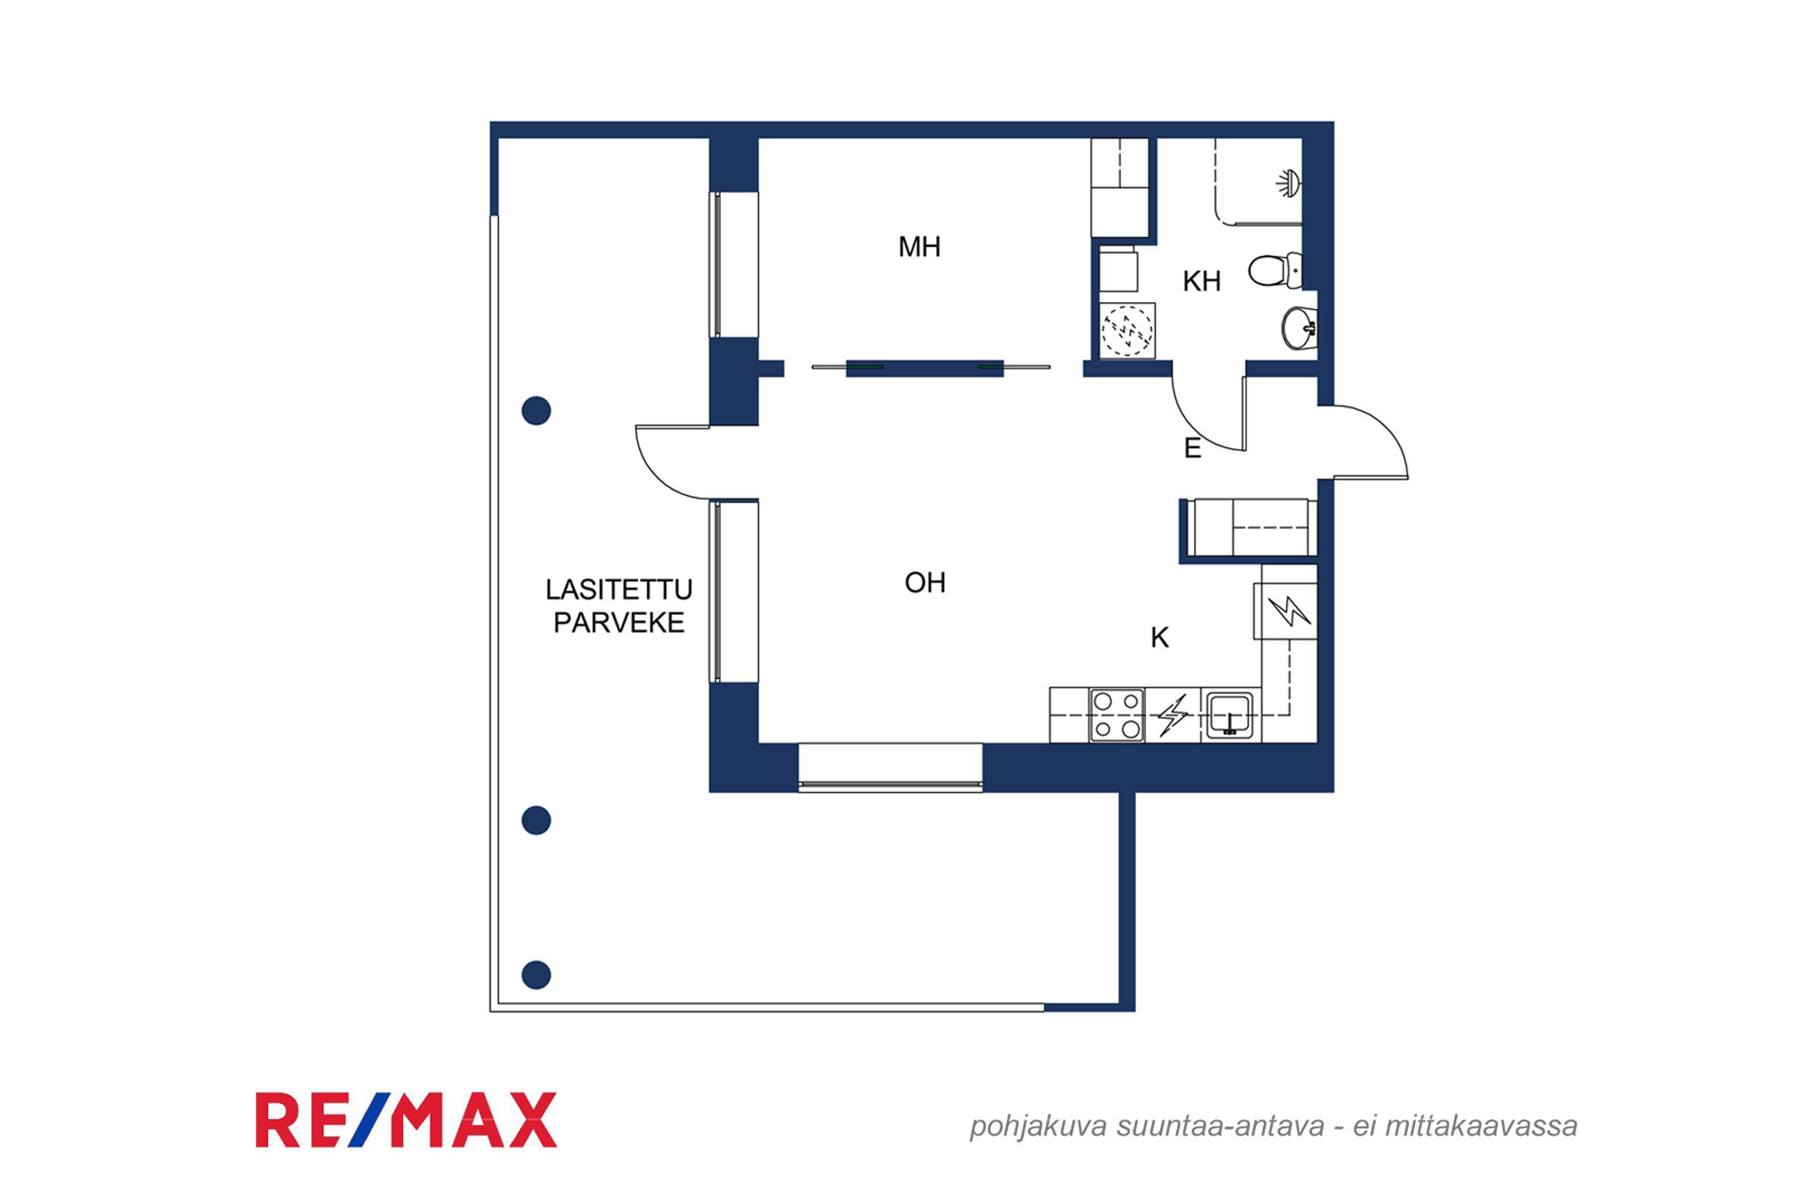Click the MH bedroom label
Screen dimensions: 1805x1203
coord(919,247)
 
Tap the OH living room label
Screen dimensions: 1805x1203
coord(925,583)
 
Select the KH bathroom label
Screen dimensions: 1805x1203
coord(1201,282)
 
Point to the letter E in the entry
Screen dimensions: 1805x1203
coord(1192,448)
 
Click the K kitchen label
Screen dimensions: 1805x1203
coord(1159,638)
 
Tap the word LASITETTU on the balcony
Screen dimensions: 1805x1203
coord(619,590)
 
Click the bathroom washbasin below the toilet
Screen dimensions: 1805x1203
coord(1299,328)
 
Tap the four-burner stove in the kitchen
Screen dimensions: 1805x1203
coord(1117,715)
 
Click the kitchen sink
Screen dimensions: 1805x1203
coord(1230,715)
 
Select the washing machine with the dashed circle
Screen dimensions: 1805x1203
coord(1128,331)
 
